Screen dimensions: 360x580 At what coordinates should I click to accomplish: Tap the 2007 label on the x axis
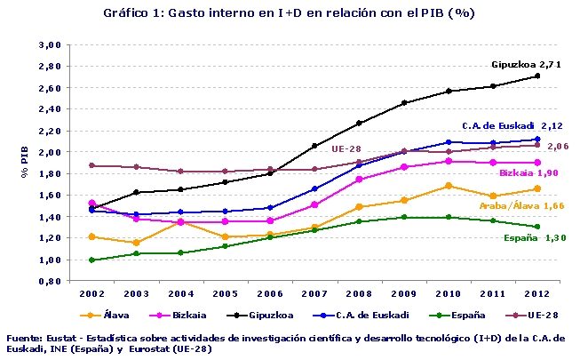pos(314,292)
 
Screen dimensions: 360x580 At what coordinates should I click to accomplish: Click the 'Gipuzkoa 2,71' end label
pos(527,65)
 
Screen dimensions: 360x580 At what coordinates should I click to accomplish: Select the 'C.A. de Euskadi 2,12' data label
pos(512,126)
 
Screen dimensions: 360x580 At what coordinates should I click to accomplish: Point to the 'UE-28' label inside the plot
pos(346,149)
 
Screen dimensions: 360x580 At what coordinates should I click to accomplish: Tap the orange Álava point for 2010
pos(449,186)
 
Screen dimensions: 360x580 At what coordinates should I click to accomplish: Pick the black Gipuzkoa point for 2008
pos(360,123)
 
